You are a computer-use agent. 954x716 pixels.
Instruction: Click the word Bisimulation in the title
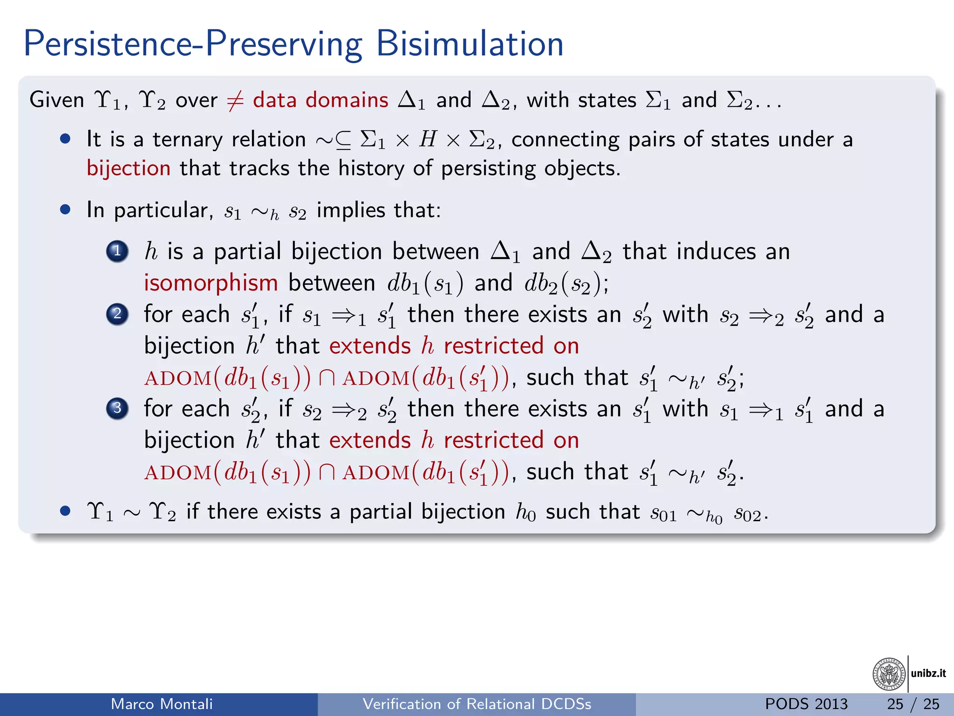click(x=470, y=44)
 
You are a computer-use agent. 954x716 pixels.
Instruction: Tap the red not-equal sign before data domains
click(x=235, y=101)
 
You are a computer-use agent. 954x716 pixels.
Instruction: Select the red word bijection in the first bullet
click(x=129, y=168)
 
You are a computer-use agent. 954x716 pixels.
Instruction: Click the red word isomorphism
click(x=211, y=283)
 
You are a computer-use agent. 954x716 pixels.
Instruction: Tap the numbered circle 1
click(x=117, y=251)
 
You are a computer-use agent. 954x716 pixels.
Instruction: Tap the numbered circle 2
click(x=117, y=314)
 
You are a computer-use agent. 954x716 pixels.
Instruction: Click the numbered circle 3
click(x=117, y=408)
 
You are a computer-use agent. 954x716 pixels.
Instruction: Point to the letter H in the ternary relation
click(x=428, y=139)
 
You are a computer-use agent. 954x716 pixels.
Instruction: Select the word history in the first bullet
click(x=371, y=168)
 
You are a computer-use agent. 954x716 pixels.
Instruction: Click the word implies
click(x=351, y=210)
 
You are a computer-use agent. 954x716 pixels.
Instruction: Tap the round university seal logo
click(x=889, y=674)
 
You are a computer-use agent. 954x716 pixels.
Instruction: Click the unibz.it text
click(x=928, y=673)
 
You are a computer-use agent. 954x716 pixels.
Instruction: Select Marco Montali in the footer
click(x=162, y=704)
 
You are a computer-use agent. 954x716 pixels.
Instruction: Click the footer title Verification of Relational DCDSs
click(x=477, y=704)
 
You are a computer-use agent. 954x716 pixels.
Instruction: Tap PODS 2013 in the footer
click(x=806, y=704)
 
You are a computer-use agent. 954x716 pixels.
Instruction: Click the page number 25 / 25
click(x=913, y=704)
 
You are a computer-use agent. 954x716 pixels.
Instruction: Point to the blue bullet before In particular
click(x=65, y=210)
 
